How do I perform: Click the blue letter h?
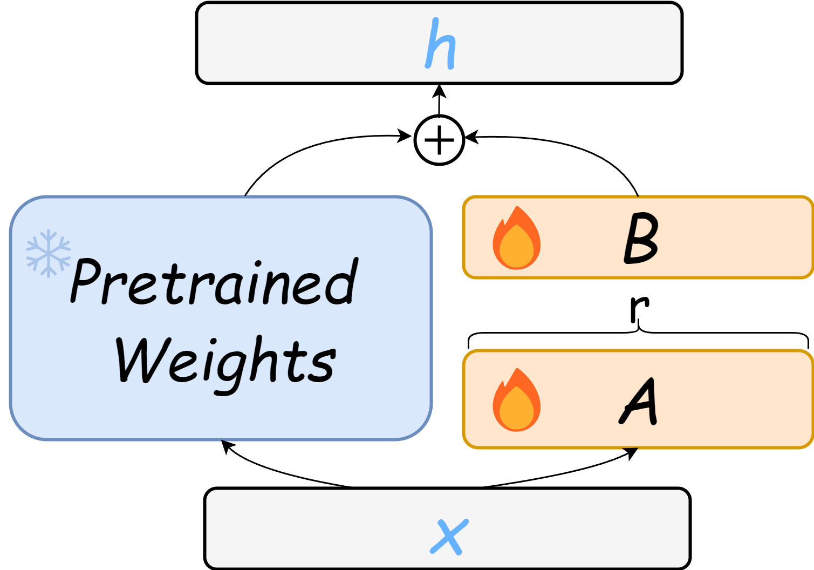coord(440,45)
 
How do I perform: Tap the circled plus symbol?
coord(439,140)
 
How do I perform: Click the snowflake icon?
coord(49,253)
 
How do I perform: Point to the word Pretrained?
coord(214,282)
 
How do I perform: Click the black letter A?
coord(639,401)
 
